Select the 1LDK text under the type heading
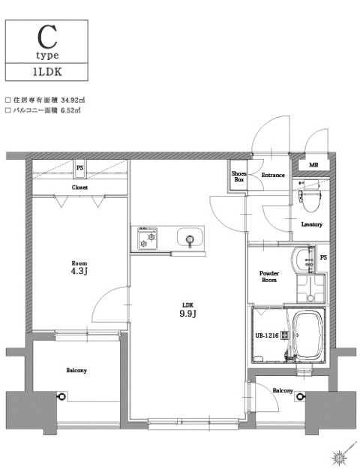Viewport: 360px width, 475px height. point(46,72)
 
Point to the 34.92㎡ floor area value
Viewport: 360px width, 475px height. point(66,98)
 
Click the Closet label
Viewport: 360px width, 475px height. point(79,187)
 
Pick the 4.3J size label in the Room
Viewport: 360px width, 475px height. point(79,272)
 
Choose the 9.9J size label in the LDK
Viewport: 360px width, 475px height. point(188,314)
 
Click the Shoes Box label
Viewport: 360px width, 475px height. point(238,176)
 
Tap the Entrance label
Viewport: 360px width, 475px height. point(272,176)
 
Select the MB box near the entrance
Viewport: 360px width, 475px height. point(313,166)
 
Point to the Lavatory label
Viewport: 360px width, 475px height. point(311,224)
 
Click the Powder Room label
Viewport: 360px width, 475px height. point(268,277)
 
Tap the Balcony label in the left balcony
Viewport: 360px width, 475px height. point(76,371)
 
